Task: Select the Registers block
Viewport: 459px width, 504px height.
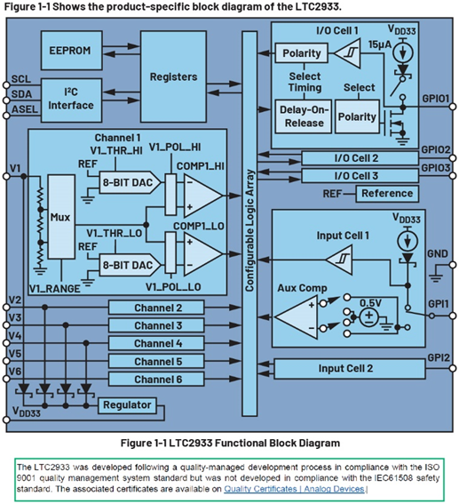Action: point(173,76)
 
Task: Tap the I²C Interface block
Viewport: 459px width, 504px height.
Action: point(72,100)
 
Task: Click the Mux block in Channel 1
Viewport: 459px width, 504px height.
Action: point(61,217)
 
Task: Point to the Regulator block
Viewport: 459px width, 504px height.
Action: point(127,405)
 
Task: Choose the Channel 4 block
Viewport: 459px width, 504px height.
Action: point(156,343)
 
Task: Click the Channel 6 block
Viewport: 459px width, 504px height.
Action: point(156,380)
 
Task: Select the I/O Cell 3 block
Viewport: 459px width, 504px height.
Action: point(360,176)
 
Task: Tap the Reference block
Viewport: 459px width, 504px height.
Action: point(387,194)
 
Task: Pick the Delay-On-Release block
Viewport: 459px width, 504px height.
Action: point(304,116)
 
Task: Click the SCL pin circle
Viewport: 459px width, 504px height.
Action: point(6,84)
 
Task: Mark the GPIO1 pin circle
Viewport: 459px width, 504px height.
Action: point(453,107)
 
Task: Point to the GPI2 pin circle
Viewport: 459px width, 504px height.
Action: point(453,368)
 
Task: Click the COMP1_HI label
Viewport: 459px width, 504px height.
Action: point(201,166)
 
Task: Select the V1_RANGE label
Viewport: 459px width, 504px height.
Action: point(54,289)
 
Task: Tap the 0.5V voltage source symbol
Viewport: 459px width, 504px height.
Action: point(369,317)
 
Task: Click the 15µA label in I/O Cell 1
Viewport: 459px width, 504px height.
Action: point(380,44)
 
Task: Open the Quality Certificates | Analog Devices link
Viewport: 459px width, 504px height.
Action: point(294,489)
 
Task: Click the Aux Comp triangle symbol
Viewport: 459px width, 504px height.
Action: point(297,317)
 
